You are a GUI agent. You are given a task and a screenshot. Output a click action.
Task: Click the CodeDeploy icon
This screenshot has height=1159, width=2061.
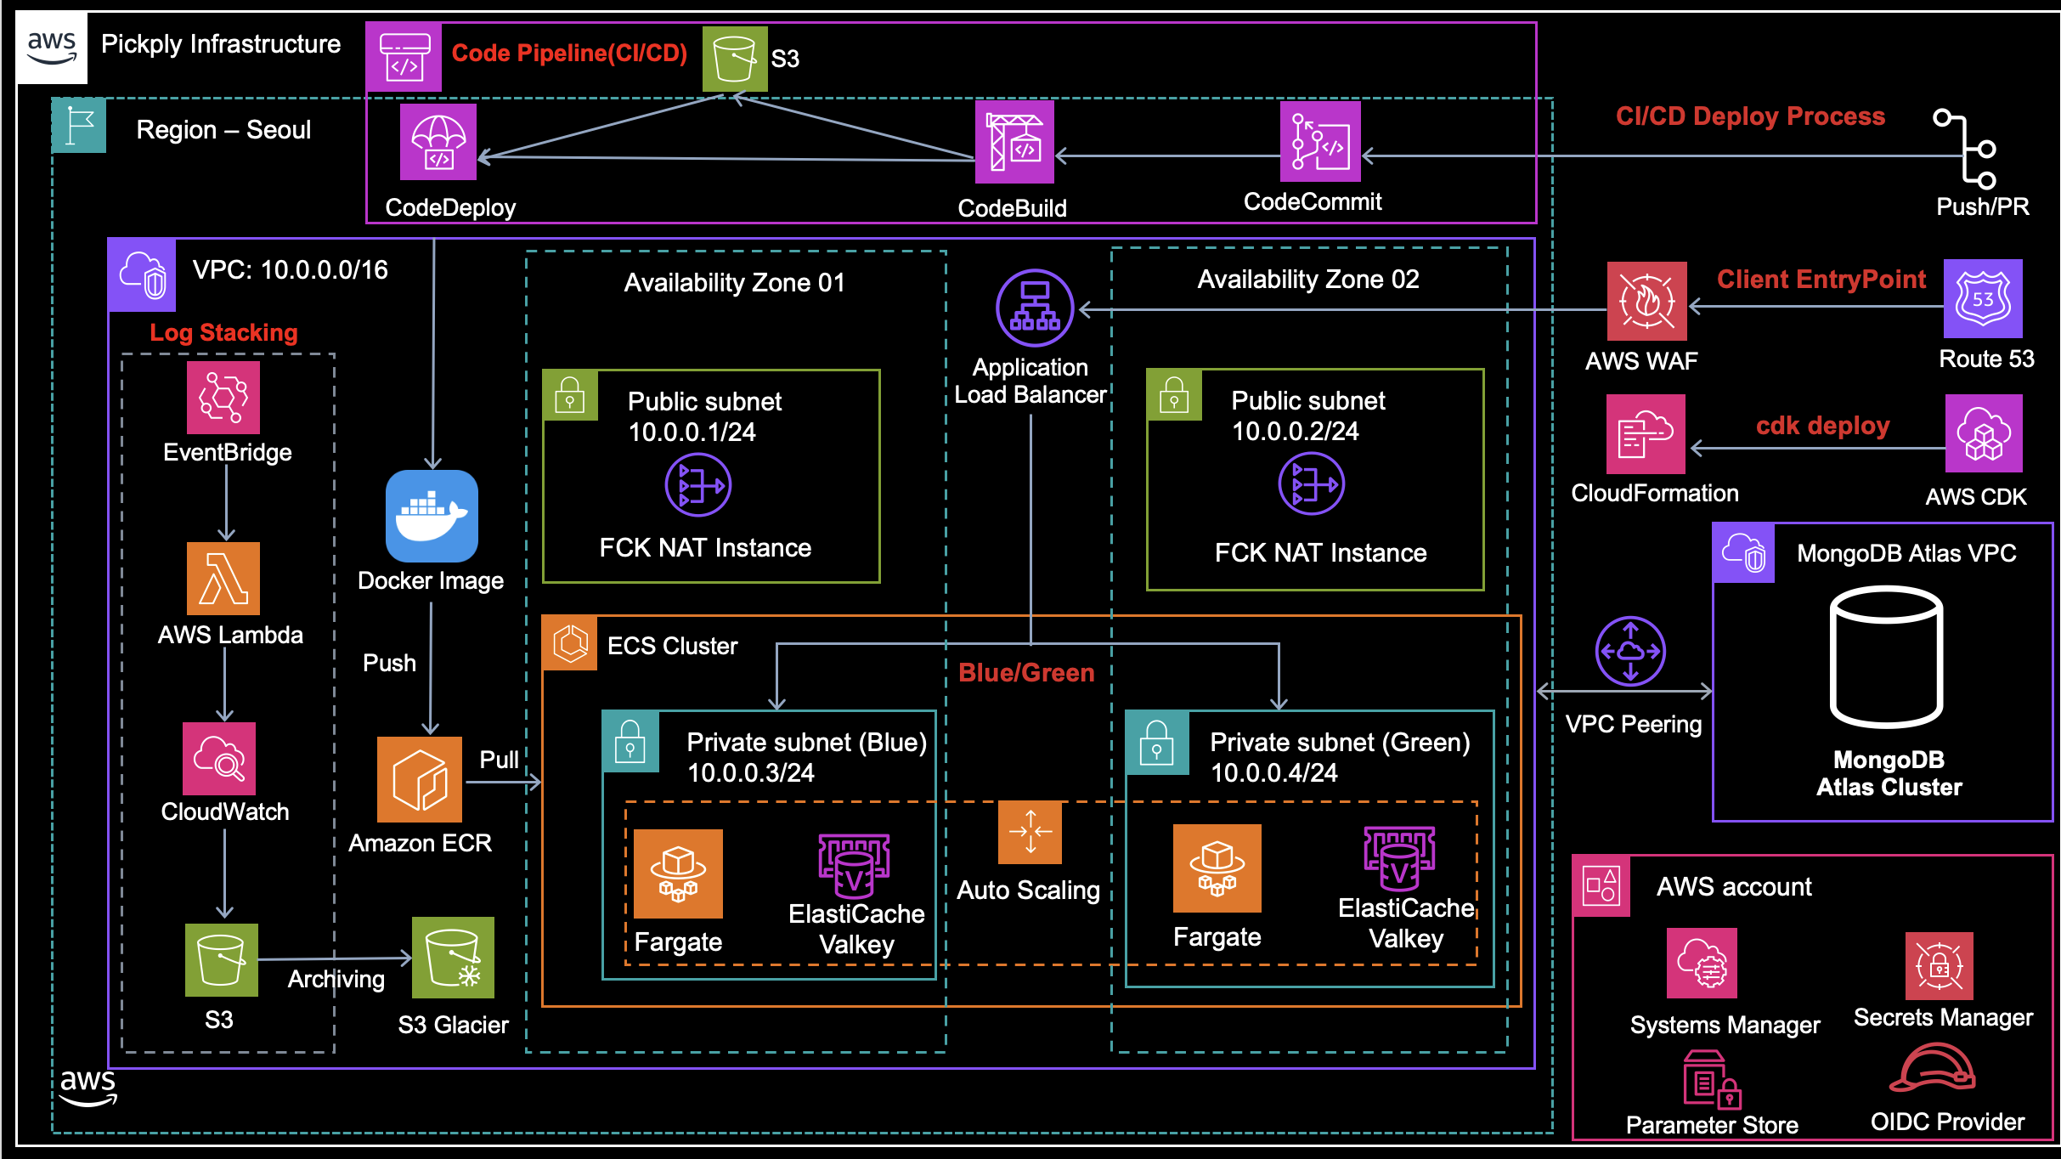(x=438, y=142)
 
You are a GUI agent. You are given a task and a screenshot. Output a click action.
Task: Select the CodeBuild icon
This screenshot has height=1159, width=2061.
(x=1014, y=142)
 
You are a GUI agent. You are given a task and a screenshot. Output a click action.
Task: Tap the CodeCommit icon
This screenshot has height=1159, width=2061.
(x=1320, y=142)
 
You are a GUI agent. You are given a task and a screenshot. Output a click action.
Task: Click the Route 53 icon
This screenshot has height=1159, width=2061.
(x=1983, y=299)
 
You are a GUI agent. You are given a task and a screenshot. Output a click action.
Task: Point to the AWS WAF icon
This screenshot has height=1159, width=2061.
(x=1646, y=301)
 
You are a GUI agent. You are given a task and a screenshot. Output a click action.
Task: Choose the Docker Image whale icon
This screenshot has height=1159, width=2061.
(x=432, y=516)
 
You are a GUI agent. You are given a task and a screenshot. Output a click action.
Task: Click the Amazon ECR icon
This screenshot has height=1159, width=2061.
(x=420, y=779)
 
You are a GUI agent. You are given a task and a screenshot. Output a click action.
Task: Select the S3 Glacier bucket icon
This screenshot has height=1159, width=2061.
(x=453, y=958)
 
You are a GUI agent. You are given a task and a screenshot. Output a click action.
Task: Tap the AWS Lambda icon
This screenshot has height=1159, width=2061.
(x=223, y=579)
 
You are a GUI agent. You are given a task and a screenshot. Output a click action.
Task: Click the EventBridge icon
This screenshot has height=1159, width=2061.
(x=223, y=398)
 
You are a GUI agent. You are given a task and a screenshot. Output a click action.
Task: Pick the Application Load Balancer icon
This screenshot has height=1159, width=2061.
(x=1035, y=308)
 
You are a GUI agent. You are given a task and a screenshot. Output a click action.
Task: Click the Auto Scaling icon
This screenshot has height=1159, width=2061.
(x=1030, y=832)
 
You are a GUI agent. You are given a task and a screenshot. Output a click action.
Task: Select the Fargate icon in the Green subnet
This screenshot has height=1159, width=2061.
(x=1217, y=868)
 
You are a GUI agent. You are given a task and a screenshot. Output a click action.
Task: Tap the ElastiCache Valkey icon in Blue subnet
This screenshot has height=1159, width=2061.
(x=854, y=867)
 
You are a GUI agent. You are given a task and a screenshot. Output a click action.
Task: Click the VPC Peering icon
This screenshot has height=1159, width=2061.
(x=1630, y=651)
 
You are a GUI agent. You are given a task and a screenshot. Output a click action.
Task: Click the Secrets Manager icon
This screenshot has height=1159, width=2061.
(x=1939, y=966)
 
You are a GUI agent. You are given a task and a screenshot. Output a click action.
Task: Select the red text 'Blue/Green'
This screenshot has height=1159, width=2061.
(x=1026, y=673)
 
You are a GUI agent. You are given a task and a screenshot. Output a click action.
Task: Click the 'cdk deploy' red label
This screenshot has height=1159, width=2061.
(x=1822, y=426)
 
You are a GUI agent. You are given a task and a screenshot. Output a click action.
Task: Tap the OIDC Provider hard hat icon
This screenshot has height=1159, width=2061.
(x=1933, y=1068)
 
